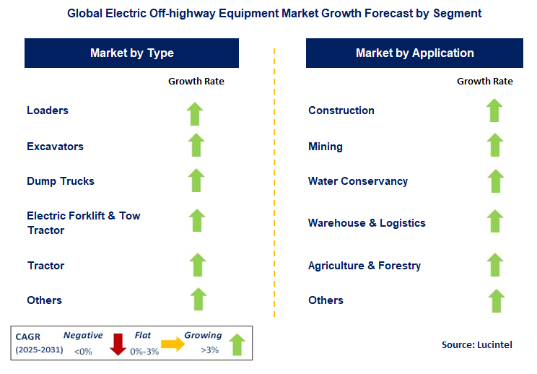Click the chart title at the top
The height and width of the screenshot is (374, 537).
[268, 13]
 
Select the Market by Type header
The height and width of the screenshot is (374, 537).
[132, 53]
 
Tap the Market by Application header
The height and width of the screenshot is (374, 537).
[414, 53]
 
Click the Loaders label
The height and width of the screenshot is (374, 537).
[48, 110]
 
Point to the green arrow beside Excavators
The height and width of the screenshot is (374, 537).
[196, 145]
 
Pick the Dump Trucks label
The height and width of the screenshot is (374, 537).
[61, 181]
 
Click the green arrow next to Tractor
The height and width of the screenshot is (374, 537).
[197, 265]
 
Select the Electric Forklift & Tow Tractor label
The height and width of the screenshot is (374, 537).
[83, 222]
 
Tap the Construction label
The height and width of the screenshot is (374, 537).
[341, 110]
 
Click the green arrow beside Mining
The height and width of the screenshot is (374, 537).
[494, 145]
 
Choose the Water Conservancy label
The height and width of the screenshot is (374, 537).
[358, 181]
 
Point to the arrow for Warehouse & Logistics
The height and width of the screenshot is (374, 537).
[494, 222]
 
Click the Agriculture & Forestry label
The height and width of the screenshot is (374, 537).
[364, 266]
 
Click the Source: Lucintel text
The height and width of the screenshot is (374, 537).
[477, 344]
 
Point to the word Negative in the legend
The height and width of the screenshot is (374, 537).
[83, 336]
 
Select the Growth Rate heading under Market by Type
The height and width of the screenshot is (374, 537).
[196, 82]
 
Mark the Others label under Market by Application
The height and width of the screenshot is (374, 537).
[326, 300]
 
